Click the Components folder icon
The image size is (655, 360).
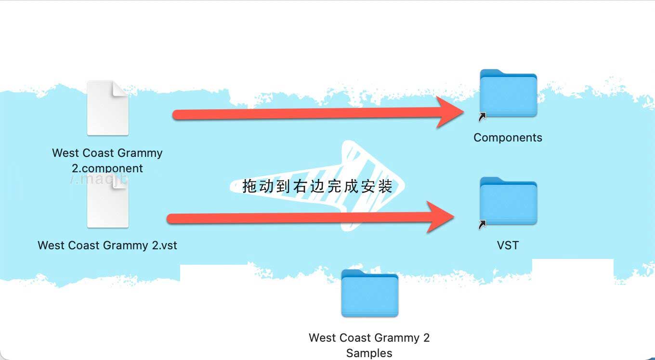click(x=508, y=93)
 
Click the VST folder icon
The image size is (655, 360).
click(x=508, y=201)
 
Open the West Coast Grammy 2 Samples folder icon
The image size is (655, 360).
click(x=369, y=294)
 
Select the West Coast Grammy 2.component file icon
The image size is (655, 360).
click(x=107, y=108)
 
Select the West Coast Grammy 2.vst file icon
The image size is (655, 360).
click(x=107, y=202)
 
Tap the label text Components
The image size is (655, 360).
click(x=508, y=138)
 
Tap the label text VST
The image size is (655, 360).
click(x=508, y=245)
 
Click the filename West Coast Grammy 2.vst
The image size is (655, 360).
click(x=107, y=245)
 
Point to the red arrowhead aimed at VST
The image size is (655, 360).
click(x=440, y=217)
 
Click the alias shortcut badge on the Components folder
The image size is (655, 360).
click(x=482, y=117)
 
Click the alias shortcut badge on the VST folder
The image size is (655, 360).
click(x=482, y=225)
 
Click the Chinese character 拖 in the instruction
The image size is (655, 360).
click(x=249, y=186)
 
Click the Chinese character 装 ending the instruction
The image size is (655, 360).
click(x=385, y=186)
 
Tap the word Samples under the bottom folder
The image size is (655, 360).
click(x=369, y=353)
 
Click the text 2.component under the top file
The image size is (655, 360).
click(x=107, y=168)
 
